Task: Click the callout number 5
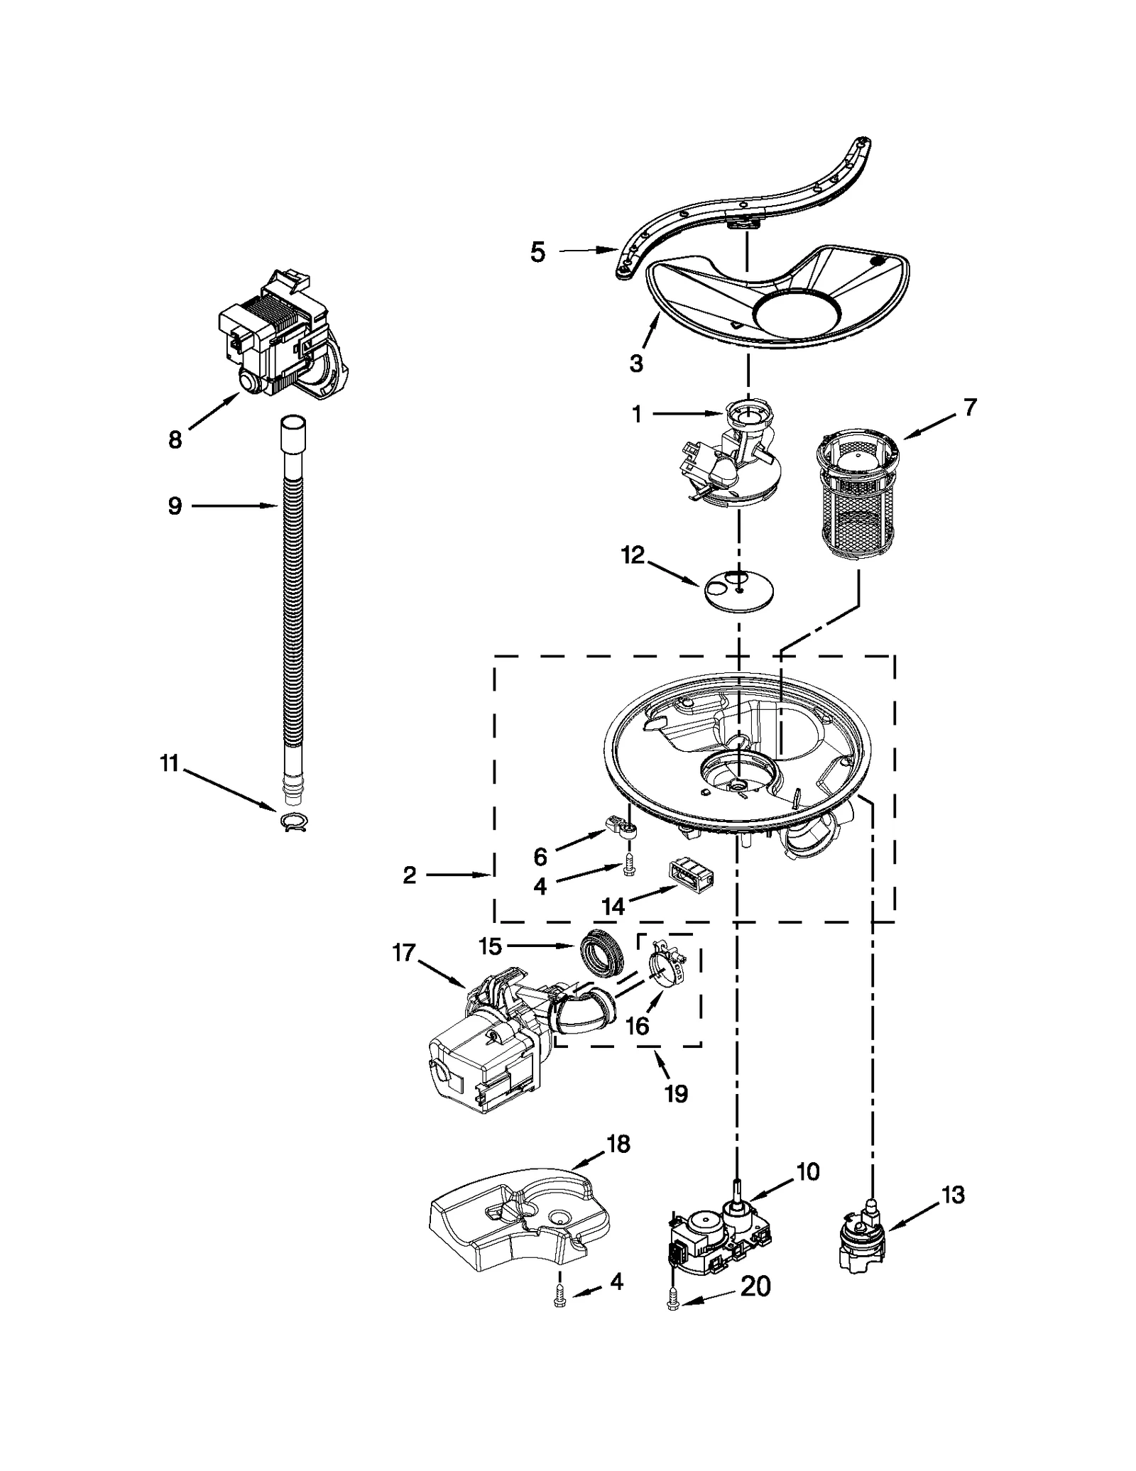(537, 252)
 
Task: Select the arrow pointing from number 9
(234, 505)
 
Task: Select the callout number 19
(676, 1094)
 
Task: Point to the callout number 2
(409, 875)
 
